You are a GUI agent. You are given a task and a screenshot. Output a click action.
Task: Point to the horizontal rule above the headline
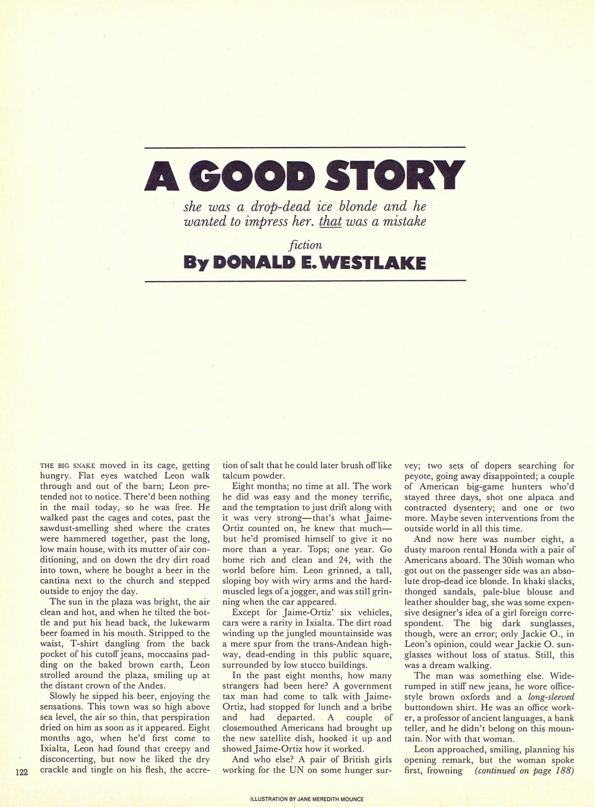(305, 147)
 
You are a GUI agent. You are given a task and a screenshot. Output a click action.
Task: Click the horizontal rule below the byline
(305, 280)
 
